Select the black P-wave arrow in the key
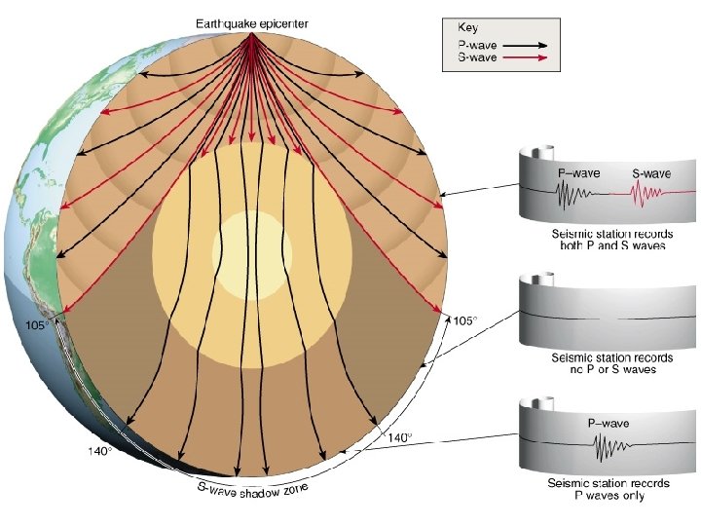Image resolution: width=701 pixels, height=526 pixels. [x=526, y=45]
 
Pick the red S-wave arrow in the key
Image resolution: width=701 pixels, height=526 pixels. [x=526, y=59]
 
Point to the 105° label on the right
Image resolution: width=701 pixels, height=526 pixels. [x=466, y=320]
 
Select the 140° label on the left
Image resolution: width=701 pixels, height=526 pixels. [x=100, y=451]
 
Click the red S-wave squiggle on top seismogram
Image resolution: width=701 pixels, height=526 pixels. [x=644, y=196]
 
